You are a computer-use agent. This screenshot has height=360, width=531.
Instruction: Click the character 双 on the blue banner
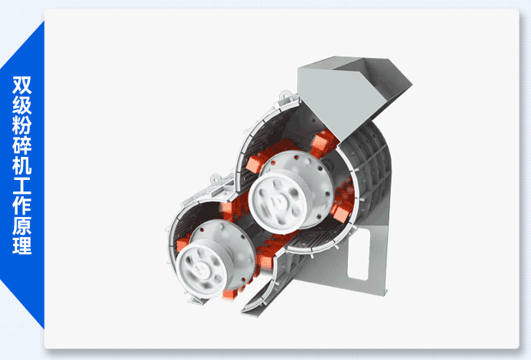[22, 85]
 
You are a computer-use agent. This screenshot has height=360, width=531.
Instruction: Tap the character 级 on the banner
[22, 105]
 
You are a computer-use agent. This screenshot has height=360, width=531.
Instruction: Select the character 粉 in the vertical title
[22, 125]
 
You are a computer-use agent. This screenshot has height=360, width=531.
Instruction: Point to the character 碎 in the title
[22, 145]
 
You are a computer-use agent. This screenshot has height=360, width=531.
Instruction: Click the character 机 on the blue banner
[22, 165]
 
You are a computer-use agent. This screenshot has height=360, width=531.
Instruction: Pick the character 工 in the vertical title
[22, 185]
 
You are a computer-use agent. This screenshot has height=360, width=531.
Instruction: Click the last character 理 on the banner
[22, 245]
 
